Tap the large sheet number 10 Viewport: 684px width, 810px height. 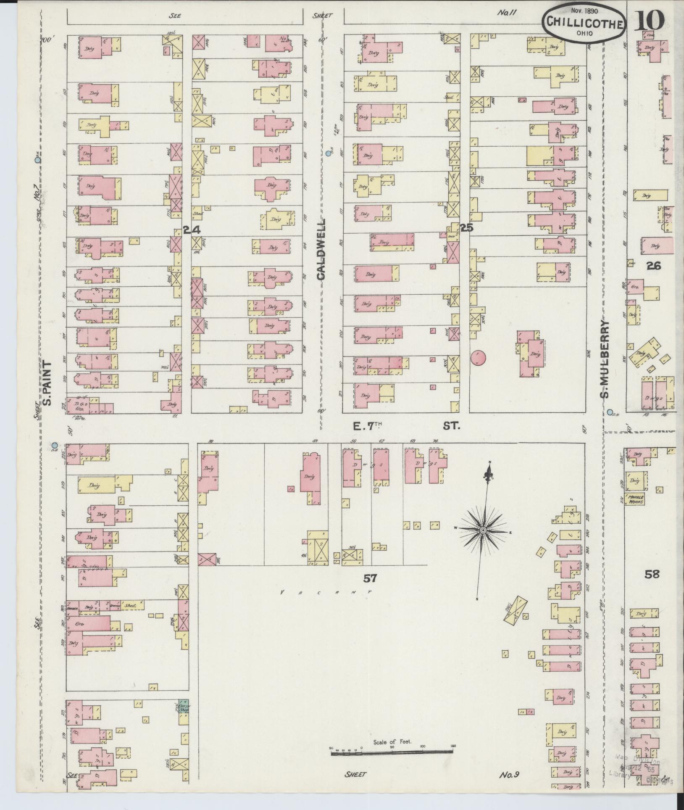[649, 20]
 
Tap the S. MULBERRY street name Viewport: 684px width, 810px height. [604, 359]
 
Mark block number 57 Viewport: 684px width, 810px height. [370, 579]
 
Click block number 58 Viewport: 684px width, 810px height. [652, 574]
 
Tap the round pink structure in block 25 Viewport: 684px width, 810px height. [478, 358]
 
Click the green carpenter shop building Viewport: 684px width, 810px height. [183, 706]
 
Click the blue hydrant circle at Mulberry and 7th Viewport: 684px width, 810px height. [610, 412]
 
